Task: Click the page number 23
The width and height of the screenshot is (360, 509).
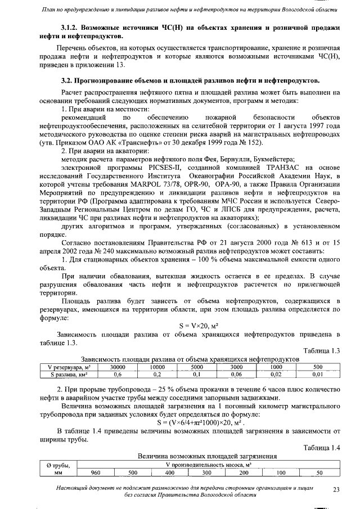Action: click(336, 490)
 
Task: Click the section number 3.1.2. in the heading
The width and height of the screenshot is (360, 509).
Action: click(71, 27)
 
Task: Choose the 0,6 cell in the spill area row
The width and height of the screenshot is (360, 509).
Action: click(118, 373)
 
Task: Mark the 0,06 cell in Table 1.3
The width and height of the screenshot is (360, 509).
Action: click(236, 373)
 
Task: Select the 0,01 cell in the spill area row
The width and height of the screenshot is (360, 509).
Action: click(318, 373)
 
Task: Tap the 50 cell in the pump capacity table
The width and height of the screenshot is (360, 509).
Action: click(319, 472)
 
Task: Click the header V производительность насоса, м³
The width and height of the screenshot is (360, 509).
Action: click(208, 465)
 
